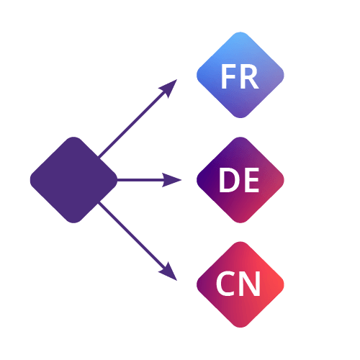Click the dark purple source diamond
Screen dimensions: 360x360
[73, 180]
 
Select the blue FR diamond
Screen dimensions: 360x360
[240, 75]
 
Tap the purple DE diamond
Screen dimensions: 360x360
[240, 180]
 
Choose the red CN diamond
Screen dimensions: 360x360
[240, 284]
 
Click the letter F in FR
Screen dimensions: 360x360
[228, 76]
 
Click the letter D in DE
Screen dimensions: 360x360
[228, 180]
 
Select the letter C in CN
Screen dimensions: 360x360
[225, 284]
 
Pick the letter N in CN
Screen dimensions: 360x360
[251, 284]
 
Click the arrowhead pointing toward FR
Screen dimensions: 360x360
[170, 87]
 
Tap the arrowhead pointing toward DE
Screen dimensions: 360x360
[172, 180]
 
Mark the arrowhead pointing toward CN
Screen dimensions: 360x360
[170, 273]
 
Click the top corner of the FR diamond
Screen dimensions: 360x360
[240, 32]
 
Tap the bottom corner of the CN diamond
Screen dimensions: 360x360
[240, 328]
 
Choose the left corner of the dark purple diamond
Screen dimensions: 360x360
[30, 180]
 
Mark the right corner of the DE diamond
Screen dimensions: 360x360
[284, 180]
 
